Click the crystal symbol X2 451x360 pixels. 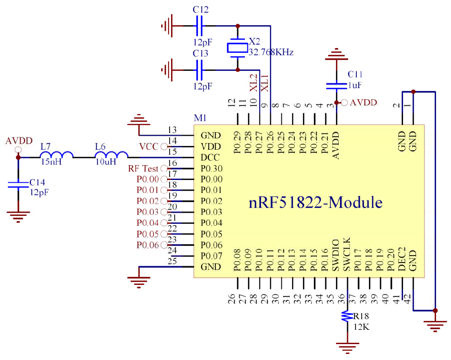point(238,48)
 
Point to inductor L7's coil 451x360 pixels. point(56,154)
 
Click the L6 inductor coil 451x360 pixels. point(111,154)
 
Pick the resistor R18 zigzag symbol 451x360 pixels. point(347,316)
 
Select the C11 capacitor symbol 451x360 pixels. point(336,86)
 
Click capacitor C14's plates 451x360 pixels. point(18,185)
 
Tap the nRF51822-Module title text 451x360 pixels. point(315,202)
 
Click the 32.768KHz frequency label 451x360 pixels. point(271,52)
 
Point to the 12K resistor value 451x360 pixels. point(362,327)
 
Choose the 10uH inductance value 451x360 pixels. point(106,162)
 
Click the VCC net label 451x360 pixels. point(149,146)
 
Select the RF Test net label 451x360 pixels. point(143,168)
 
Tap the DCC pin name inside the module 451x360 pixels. point(210,158)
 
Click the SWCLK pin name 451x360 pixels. point(347,254)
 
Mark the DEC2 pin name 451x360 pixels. point(402,259)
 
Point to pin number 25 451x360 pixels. point(172,261)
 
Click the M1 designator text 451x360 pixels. point(200,118)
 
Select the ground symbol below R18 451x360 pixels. point(347,347)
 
